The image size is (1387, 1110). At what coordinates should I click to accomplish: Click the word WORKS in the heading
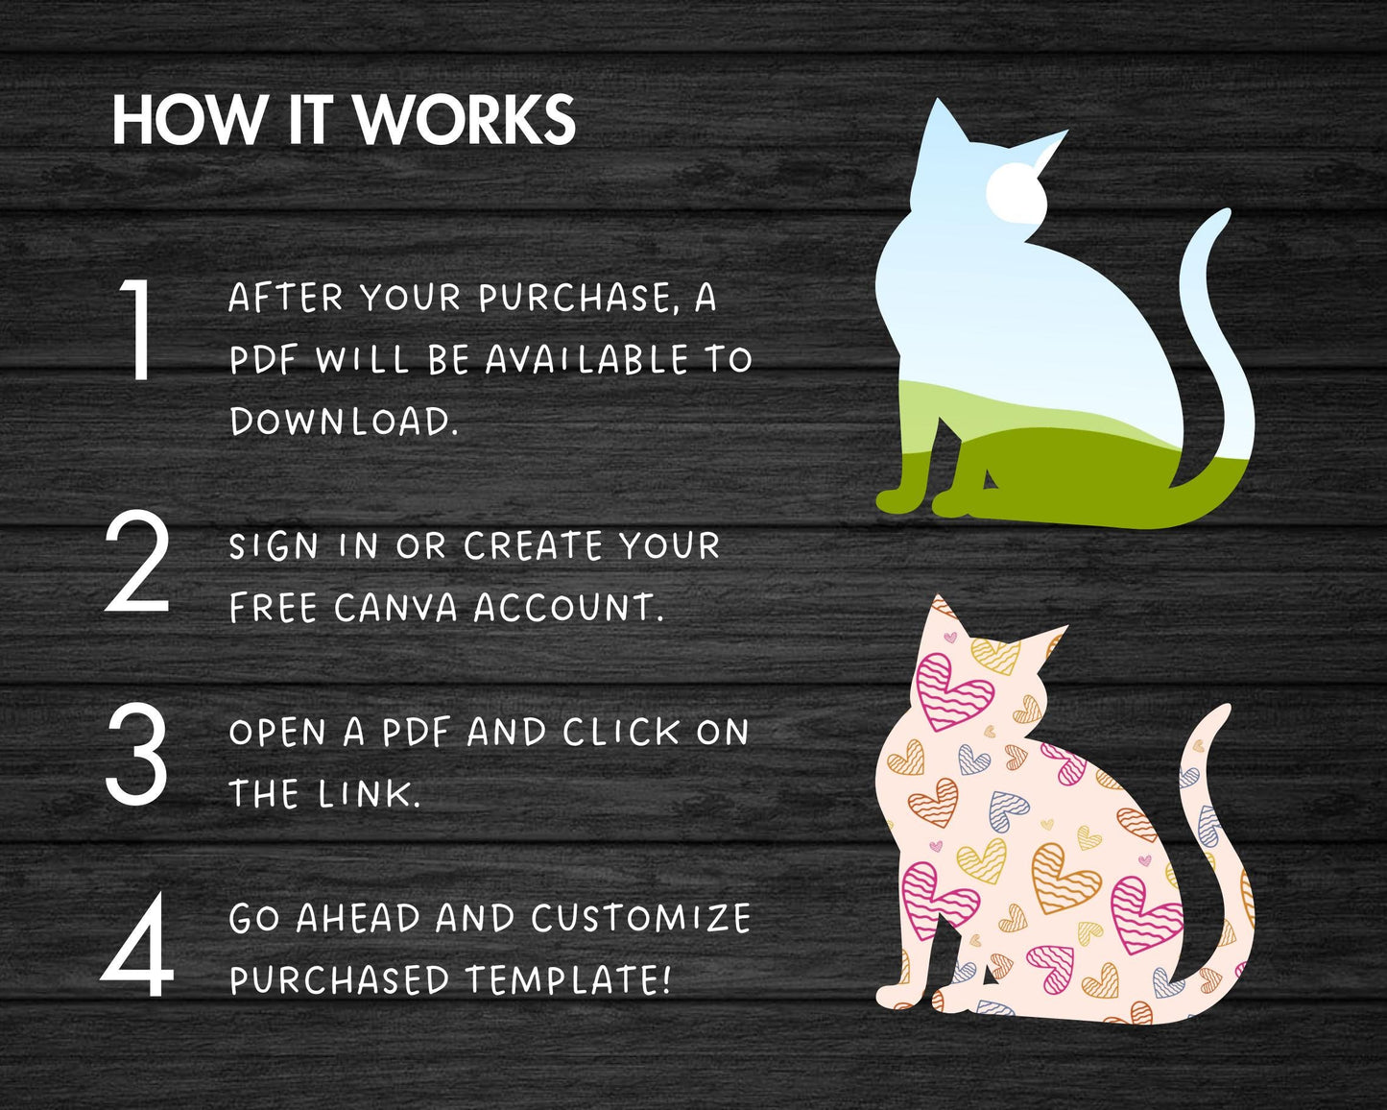(465, 120)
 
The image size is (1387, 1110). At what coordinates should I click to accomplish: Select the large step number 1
(136, 329)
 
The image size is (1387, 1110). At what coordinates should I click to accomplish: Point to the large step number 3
(136, 754)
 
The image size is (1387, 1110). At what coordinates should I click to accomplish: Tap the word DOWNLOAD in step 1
(344, 422)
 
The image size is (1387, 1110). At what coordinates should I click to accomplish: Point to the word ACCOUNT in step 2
(568, 608)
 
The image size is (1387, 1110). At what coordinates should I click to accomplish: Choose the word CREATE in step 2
(533, 545)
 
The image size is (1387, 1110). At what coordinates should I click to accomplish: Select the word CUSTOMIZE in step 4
(642, 918)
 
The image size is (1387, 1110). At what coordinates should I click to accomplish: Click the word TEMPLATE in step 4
(568, 979)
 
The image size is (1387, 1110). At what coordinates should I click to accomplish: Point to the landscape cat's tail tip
(1223, 215)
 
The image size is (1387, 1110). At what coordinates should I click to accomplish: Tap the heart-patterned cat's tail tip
(1222, 711)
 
